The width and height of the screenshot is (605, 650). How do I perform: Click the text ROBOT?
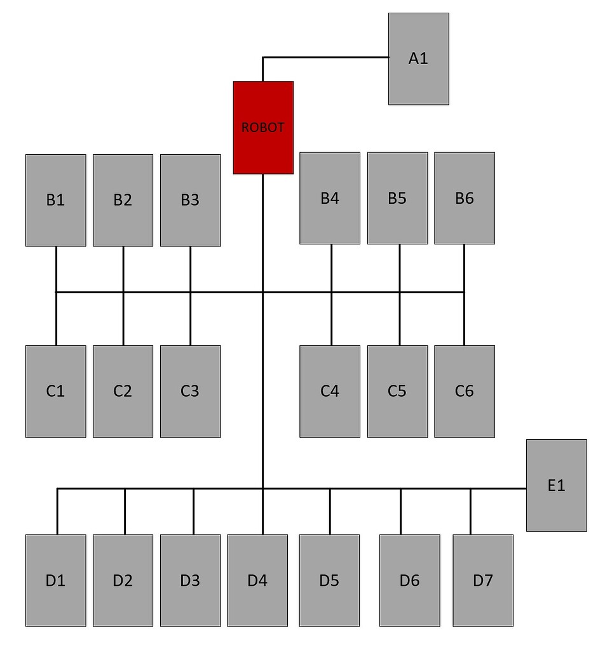coord(263,128)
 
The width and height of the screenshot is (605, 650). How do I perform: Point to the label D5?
coord(329,580)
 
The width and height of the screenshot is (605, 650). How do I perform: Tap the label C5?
coord(397,391)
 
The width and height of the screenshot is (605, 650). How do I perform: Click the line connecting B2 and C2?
coord(123,317)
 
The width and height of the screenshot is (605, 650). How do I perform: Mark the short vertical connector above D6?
coord(400,512)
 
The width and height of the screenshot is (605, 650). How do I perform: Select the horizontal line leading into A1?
coord(330,57)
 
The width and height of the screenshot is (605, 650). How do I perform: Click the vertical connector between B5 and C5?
coord(400,317)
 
